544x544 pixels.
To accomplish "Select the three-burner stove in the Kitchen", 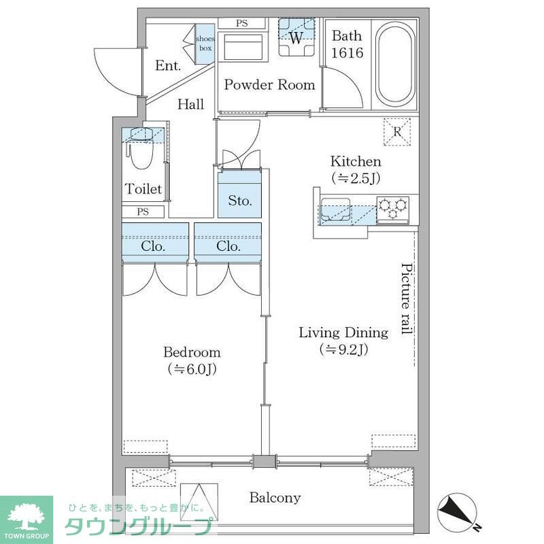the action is click(393, 209).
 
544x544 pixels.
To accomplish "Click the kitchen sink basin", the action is click(335, 209).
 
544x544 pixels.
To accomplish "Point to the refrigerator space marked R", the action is click(397, 132).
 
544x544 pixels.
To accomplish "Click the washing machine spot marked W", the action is click(296, 37).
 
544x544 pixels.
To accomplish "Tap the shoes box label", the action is click(205, 44).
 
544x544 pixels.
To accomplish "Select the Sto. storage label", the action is click(240, 200).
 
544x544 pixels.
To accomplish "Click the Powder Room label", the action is click(269, 84).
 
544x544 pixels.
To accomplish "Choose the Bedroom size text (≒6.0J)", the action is click(192, 369).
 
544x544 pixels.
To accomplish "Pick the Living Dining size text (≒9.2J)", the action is click(344, 350).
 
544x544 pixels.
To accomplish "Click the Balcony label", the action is click(275, 498).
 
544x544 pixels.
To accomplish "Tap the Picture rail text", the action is click(407, 299).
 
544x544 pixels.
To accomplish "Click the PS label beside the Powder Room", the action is click(242, 23).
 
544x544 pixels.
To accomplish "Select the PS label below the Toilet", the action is click(143, 211).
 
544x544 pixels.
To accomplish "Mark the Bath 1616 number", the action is click(347, 53).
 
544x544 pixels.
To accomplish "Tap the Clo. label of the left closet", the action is click(153, 246).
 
